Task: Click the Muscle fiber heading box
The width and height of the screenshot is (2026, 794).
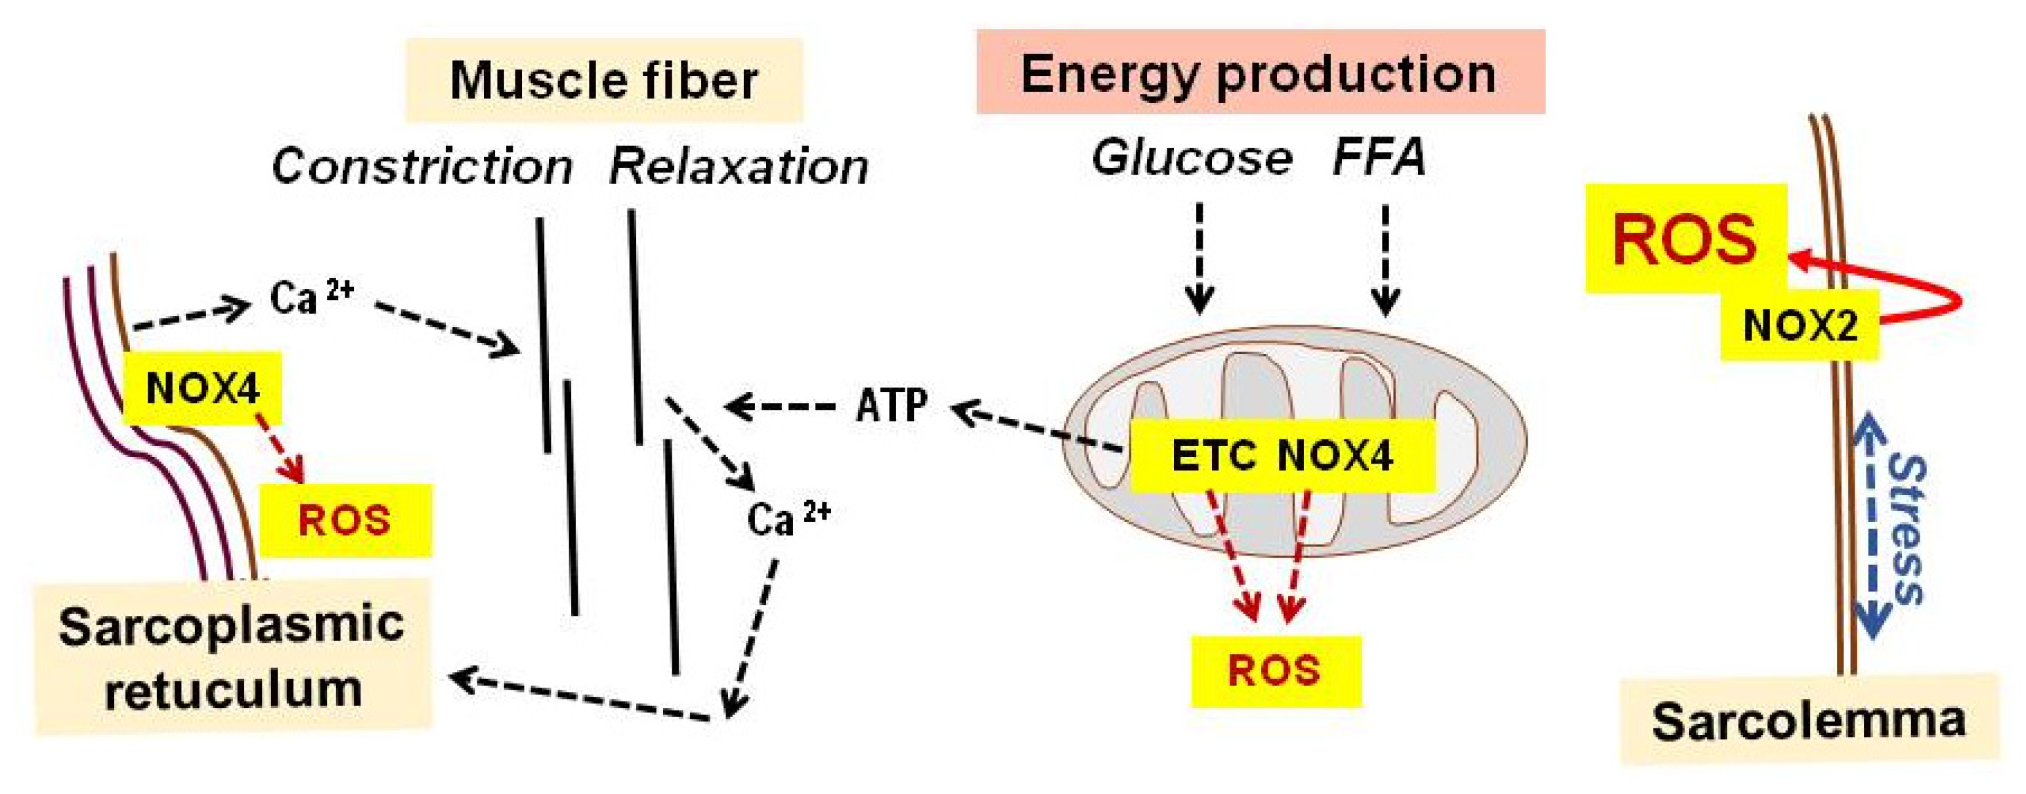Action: tap(604, 80)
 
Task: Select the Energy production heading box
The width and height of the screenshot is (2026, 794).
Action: tap(1260, 72)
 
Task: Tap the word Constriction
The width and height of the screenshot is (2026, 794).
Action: tap(422, 167)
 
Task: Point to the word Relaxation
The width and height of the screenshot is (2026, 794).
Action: tap(739, 167)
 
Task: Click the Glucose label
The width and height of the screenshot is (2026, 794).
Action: tap(1192, 158)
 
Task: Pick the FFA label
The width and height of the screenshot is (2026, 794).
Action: tap(1379, 158)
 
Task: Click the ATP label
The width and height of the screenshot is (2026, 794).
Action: tap(891, 406)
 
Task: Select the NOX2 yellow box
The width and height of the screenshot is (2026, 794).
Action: tap(1800, 325)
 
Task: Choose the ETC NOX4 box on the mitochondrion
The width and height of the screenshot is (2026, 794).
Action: tap(1282, 456)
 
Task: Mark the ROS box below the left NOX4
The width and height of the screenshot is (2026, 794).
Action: tap(345, 521)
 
